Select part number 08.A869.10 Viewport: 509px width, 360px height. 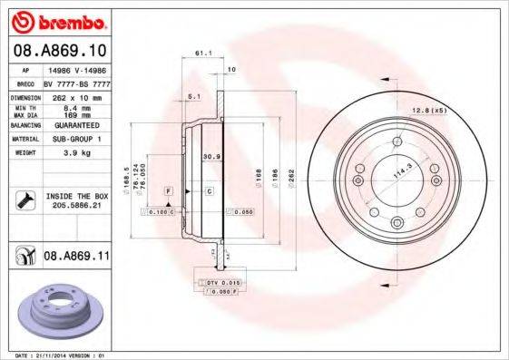[x=59, y=50]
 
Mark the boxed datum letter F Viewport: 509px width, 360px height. [x=169, y=191]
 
